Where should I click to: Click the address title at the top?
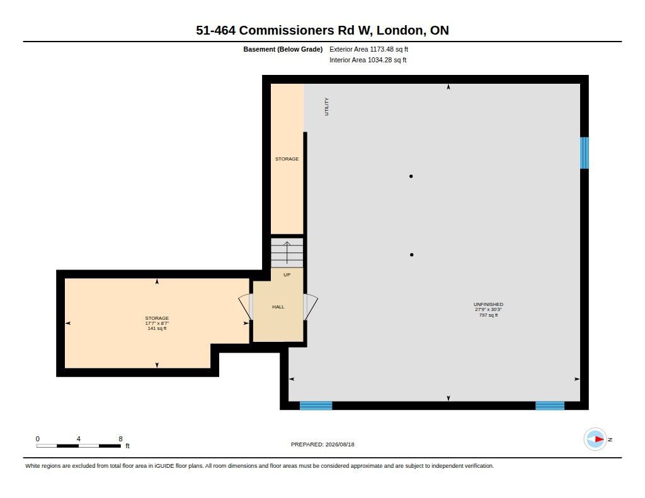tap(322, 30)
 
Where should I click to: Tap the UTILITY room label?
tap(327, 106)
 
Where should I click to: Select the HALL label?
tap(278, 307)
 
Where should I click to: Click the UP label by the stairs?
tap(287, 274)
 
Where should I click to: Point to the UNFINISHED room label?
tap(488, 304)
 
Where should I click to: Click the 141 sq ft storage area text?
tap(157, 329)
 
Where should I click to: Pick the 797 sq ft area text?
tap(488, 315)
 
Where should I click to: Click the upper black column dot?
tap(411, 176)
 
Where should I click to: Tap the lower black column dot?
tap(412, 255)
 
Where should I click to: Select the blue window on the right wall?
tap(584, 153)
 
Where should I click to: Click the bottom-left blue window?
tap(316, 405)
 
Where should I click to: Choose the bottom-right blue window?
tap(550, 405)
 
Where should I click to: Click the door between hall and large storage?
tap(246, 307)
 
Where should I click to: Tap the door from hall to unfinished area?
tap(311, 307)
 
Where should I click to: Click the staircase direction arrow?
tap(287, 252)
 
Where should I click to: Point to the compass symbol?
tap(595, 439)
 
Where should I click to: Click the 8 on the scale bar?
tap(120, 439)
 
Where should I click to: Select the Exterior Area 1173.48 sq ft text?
tap(368, 49)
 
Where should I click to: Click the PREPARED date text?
tap(322, 444)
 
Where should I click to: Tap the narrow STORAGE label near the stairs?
tap(287, 159)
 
